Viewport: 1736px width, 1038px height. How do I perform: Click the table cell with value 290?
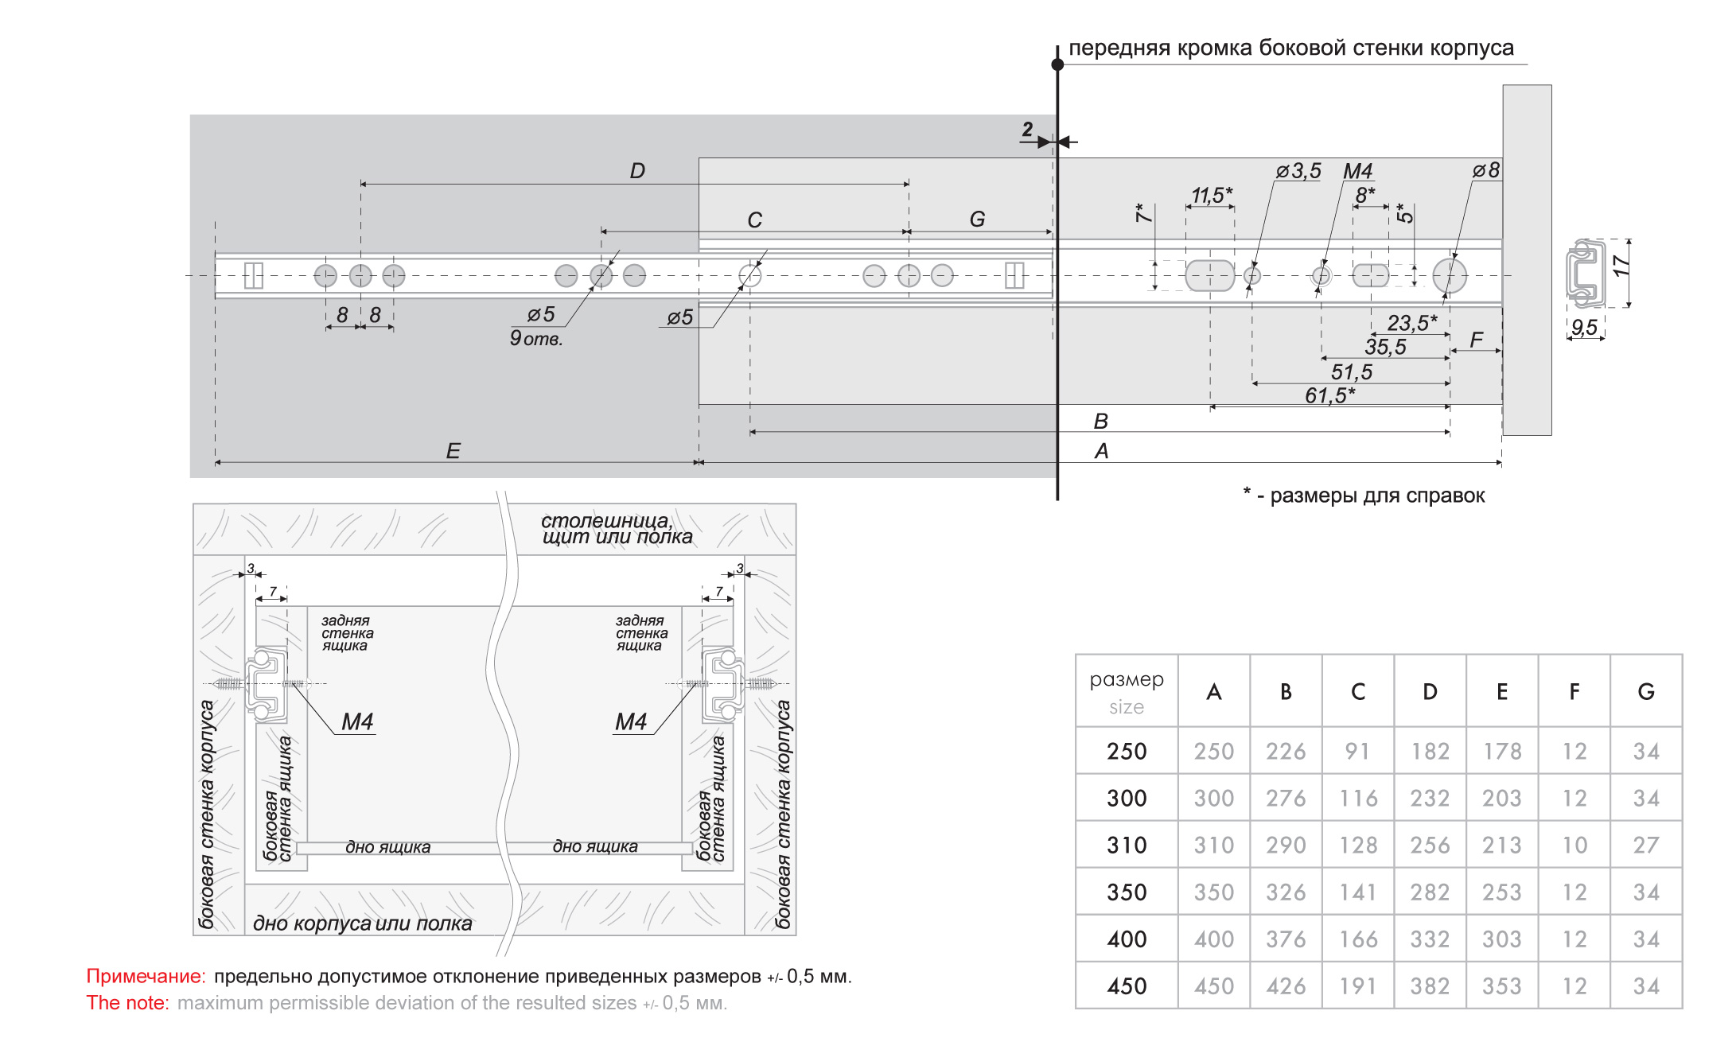coord(1286,845)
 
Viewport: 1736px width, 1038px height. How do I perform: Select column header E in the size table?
coord(1502,692)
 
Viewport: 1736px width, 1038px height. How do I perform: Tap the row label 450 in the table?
coord(1127,986)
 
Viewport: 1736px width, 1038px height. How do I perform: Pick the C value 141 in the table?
coord(1358,892)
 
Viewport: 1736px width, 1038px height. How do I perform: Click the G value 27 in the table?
coord(1646,845)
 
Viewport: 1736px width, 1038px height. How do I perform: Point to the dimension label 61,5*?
coord(1329,395)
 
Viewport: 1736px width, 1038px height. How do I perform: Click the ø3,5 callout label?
coord(1298,171)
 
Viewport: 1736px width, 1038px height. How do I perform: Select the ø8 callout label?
coord(1486,170)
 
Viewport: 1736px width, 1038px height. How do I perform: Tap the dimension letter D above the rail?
coord(637,171)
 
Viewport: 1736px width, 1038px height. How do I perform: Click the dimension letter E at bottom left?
coord(453,451)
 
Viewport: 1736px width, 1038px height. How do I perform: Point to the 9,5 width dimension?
coord(1584,328)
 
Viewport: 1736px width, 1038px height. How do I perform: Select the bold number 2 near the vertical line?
coord(1027,130)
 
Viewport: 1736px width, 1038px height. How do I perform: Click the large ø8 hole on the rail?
coord(1450,275)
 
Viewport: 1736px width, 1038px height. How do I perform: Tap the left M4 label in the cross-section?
coord(357,721)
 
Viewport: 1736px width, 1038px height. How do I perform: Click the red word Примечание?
coord(146,976)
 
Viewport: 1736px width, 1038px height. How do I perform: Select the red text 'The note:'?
coord(127,1003)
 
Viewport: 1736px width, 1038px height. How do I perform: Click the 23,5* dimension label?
coord(1411,323)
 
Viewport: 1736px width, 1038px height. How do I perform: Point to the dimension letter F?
coord(1477,340)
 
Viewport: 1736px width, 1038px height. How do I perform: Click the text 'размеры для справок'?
coord(1376,496)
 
